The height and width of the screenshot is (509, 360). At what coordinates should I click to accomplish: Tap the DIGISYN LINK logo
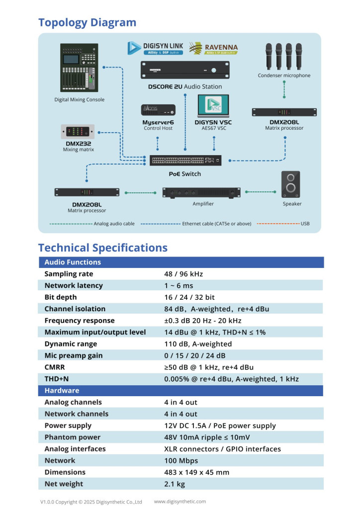click(155, 48)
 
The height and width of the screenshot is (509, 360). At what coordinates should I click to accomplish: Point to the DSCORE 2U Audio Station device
click(185, 70)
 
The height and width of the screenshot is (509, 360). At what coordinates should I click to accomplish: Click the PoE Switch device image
click(185, 161)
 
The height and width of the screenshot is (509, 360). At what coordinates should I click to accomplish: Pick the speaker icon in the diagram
click(291, 184)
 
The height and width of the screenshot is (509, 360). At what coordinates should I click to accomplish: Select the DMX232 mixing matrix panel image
click(78, 132)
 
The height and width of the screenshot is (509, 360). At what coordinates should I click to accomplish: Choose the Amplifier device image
click(201, 192)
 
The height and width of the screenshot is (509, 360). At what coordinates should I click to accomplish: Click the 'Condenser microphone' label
click(284, 76)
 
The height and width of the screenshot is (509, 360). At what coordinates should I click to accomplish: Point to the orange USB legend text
click(305, 224)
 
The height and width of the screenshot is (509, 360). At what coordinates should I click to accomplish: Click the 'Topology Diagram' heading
click(87, 22)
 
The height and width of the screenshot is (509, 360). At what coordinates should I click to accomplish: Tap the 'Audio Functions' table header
click(73, 262)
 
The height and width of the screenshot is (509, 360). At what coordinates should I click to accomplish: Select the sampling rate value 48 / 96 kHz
click(183, 274)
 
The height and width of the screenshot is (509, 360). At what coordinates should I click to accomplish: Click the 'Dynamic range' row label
click(71, 344)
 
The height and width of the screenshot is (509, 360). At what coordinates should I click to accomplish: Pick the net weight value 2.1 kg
click(175, 484)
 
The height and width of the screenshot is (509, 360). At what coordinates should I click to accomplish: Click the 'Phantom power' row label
click(72, 437)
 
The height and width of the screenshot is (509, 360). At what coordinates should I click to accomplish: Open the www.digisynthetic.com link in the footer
click(180, 502)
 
